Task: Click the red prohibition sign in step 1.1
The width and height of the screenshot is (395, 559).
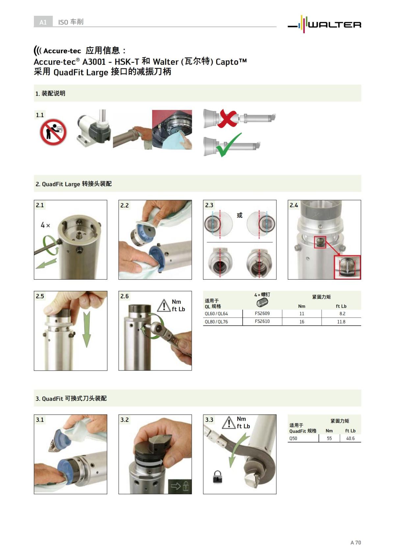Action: click(53, 132)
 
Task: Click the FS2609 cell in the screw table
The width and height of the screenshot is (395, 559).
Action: click(262, 313)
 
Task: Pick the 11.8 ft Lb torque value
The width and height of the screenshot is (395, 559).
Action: click(341, 321)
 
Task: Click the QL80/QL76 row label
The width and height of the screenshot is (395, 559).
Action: click(216, 321)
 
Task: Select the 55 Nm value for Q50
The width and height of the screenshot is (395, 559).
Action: click(329, 438)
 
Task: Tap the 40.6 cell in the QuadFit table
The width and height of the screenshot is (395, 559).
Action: click(350, 438)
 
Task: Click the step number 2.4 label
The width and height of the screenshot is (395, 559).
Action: click(294, 205)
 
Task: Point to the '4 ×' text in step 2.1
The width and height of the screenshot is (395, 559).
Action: click(45, 225)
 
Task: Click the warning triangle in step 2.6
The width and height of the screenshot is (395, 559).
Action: click(163, 306)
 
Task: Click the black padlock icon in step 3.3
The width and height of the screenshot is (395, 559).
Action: click(217, 477)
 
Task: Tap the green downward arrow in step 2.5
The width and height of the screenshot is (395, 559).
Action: click(86, 329)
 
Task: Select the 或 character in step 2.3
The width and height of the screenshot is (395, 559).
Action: click(240, 215)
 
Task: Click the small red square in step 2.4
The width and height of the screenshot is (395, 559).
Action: click(320, 242)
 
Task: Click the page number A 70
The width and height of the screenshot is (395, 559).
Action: click(355, 543)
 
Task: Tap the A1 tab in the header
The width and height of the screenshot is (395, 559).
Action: click(43, 22)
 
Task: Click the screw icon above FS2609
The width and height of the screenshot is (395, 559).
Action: click(262, 302)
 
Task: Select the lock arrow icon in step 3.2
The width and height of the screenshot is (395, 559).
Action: click(180, 486)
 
